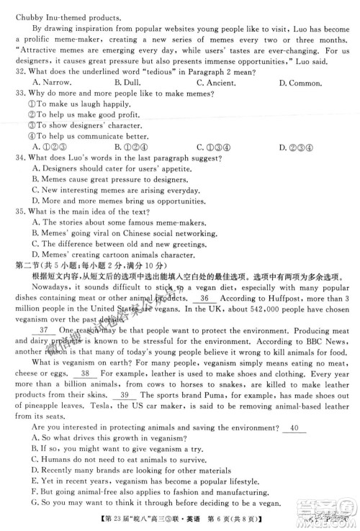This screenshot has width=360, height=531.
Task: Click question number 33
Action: [x=19, y=94]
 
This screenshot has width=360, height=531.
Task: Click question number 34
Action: [x=19, y=158]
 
